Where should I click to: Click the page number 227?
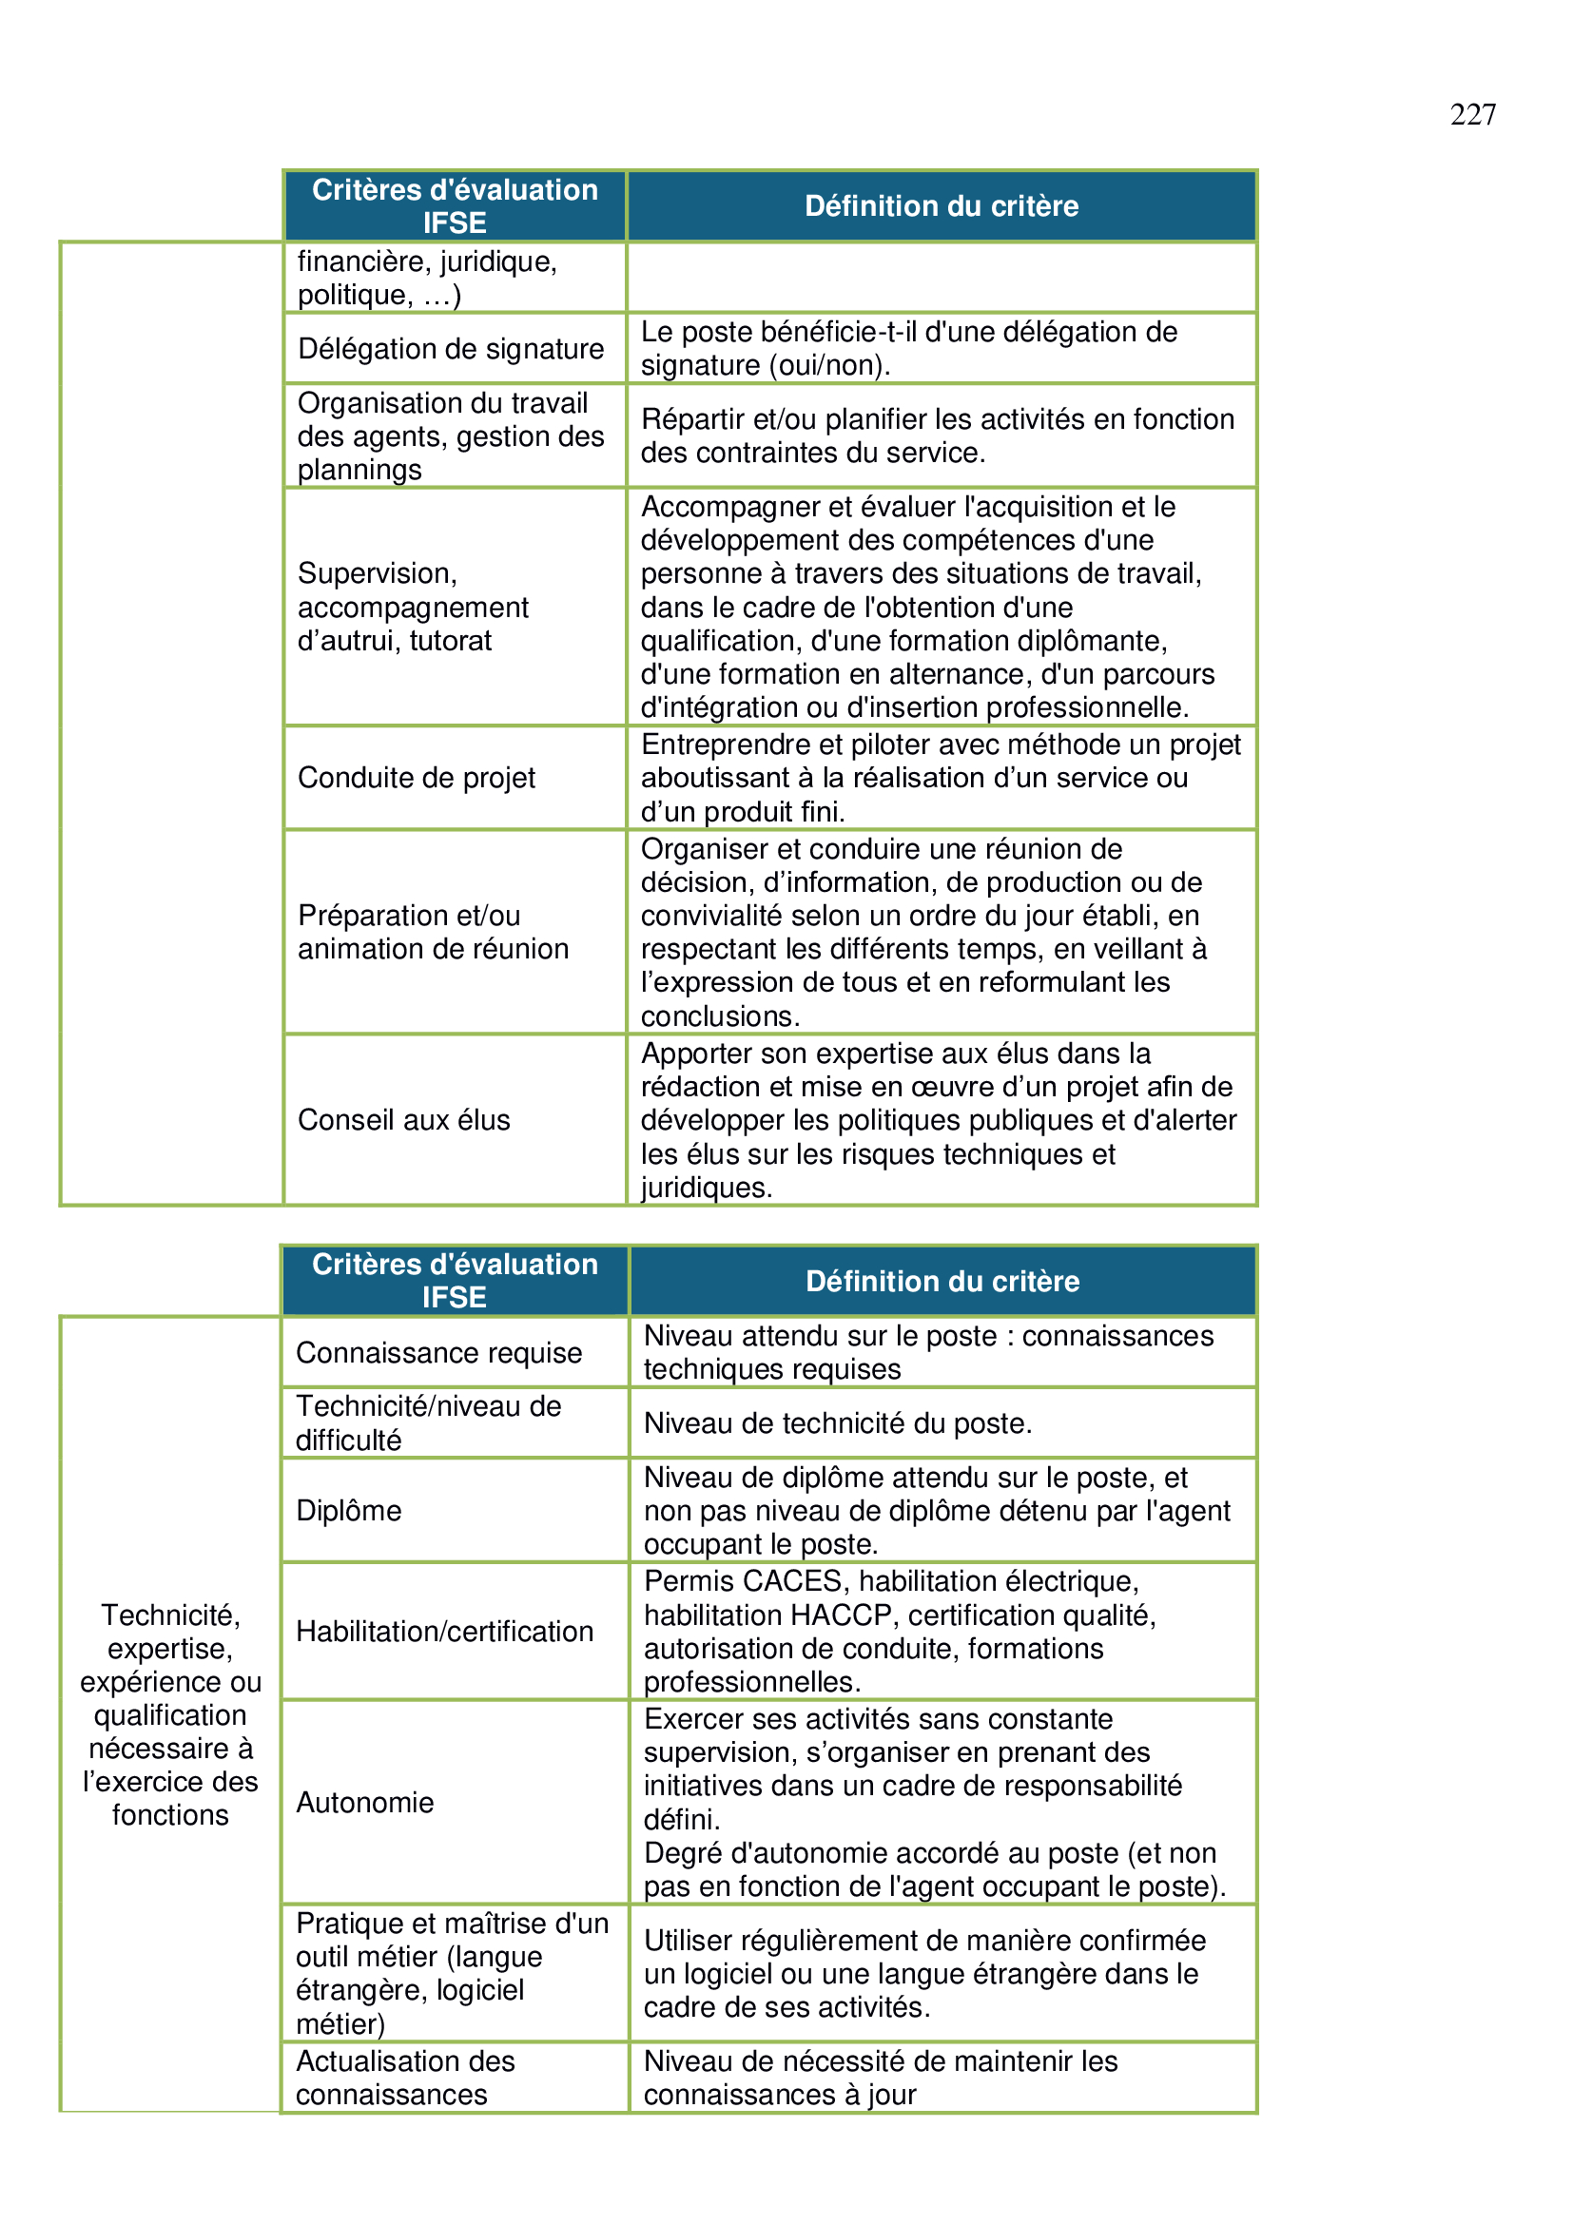coord(1472,114)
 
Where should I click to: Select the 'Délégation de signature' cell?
coord(451,349)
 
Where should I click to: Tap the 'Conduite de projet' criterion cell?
coord(417,778)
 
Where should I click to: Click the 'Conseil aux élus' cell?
coord(404,1120)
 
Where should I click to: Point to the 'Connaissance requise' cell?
coord(438,1352)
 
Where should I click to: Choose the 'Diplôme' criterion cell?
coord(349,1510)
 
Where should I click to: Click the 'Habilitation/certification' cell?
coord(444,1632)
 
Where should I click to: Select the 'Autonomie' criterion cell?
coord(365,1802)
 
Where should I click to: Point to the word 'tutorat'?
coord(451,640)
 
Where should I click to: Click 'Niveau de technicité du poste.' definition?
coord(838,1423)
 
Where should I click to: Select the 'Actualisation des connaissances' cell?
coord(405,2077)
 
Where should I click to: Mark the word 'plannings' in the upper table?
coord(359,470)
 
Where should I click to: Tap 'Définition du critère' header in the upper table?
coord(942,205)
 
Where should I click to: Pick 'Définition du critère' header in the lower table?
coord(942,1281)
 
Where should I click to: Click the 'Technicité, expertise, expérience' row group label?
coord(170,1713)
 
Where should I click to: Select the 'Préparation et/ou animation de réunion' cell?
coord(433,932)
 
